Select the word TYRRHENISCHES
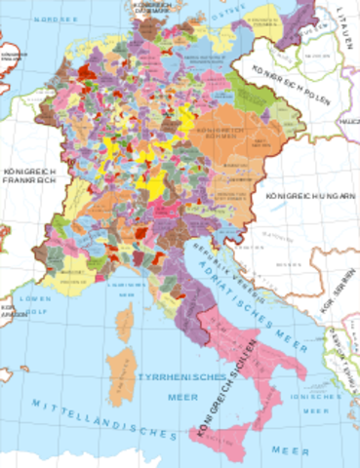click(x=172, y=376)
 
